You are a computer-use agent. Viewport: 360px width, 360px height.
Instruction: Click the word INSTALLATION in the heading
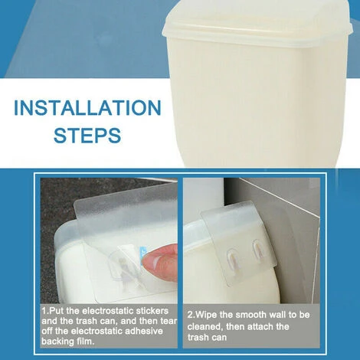pyautogui.click(x=87, y=108)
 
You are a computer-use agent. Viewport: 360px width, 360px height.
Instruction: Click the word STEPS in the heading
pyautogui.click(x=87, y=135)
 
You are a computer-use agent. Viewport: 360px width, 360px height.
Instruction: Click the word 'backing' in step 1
pyautogui.click(x=55, y=342)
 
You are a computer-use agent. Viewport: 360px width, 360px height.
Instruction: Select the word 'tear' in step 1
pyautogui.click(x=169, y=321)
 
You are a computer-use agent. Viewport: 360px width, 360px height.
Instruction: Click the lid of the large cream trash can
pyautogui.click(x=258, y=25)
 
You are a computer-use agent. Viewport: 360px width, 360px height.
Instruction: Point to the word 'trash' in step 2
pyautogui.click(x=198, y=337)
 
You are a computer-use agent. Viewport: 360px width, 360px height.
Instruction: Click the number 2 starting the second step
pyautogui.click(x=190, y=315)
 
